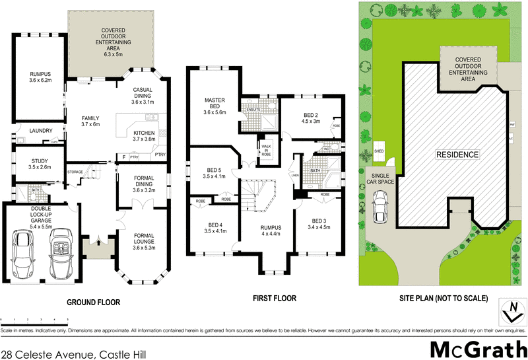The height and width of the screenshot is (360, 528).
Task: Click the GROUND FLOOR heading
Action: click(x=93, y=303)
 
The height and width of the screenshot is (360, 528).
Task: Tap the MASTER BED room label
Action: click(x=214, y=104)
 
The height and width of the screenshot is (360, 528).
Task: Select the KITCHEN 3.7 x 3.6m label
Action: click(x=143, y=135)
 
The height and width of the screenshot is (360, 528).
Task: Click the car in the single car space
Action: click(x=380, y=207)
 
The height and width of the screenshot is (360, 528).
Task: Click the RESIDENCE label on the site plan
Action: click(x=456, y=155)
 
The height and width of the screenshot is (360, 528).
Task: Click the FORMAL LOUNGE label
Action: click(x=143, y=240)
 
